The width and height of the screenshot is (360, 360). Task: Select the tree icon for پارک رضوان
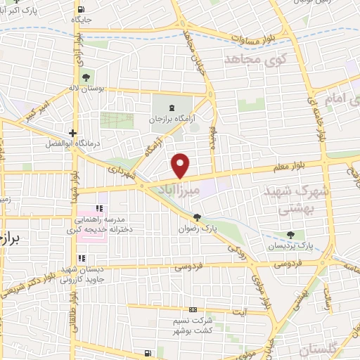196,217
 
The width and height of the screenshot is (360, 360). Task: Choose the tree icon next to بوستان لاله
86,76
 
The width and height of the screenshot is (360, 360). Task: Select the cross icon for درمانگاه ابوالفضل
72,132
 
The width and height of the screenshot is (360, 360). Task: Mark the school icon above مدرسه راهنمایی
99,209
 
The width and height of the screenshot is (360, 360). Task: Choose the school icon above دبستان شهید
82,259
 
